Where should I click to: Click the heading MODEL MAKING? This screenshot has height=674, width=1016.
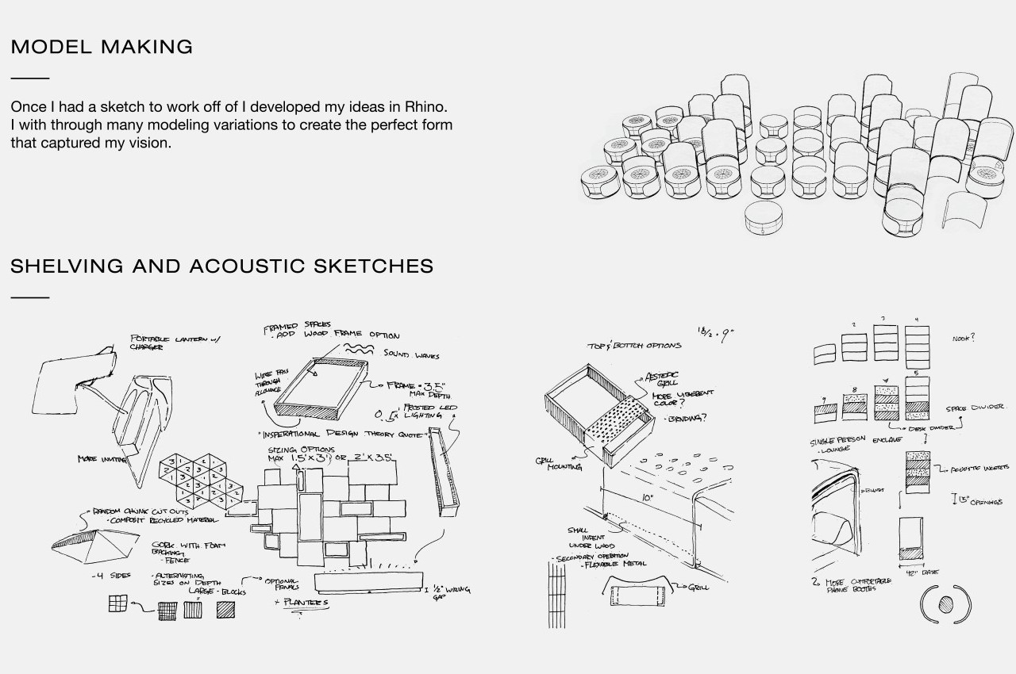click(102, 47)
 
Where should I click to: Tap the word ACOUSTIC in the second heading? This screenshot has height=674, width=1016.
click(262, 266)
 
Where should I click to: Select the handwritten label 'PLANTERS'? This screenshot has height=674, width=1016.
click(302, 603)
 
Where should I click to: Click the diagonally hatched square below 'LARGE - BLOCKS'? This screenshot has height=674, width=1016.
click(226, 609)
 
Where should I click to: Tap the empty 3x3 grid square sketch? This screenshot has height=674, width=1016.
click(117, 604)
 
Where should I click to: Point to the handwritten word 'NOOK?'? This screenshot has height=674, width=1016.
click(964, 339)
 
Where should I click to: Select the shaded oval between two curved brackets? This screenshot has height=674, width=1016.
click(945, 603)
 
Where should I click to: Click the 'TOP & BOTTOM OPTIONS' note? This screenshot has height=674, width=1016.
click(633, 346)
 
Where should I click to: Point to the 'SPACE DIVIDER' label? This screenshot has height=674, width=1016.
click(975, 408)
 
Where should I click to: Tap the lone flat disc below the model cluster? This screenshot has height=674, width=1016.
click(771, 217)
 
